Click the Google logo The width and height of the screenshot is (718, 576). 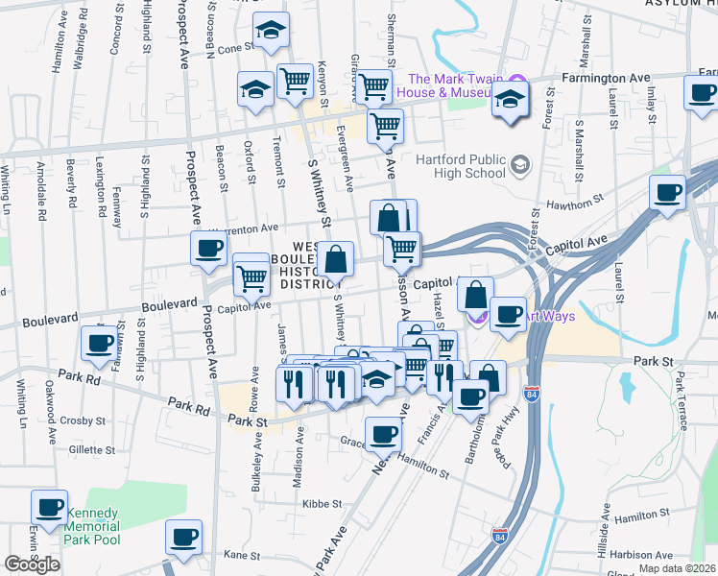pyautogui.click(x=32, y=564)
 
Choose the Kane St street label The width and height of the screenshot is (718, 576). pyautogui.click(x=241, y=555)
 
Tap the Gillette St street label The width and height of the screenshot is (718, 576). pyautogui.click(x=91, y=449)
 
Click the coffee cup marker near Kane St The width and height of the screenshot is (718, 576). pyautogui.click(x=183, y=537)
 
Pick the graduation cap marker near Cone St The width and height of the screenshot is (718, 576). pyautogui.click(x=272, y=33)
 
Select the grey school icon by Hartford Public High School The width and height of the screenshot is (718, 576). pyautogui.click(x=520, y=165)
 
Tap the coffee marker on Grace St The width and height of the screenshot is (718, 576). pyautogui.click(x=383, y=433)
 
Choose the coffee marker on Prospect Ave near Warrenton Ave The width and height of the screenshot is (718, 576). pyautogui.click(x=208, y=249)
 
